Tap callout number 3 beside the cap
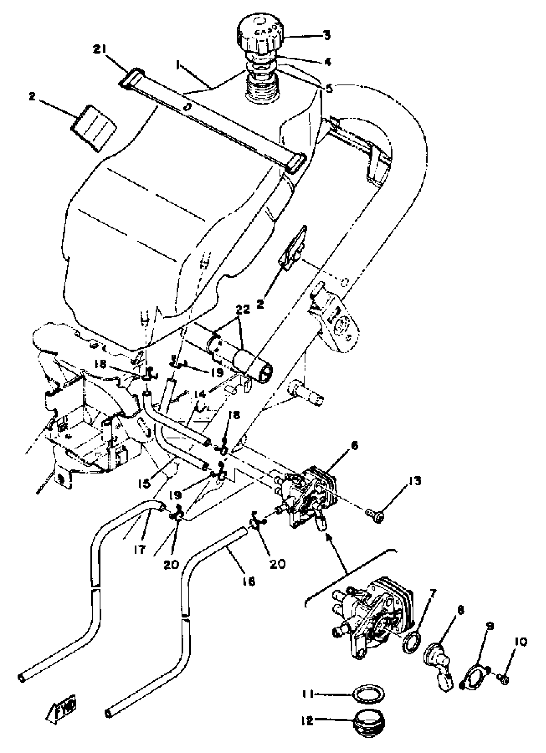[327, 35]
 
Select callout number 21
[100, 50]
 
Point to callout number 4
[327, 62]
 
